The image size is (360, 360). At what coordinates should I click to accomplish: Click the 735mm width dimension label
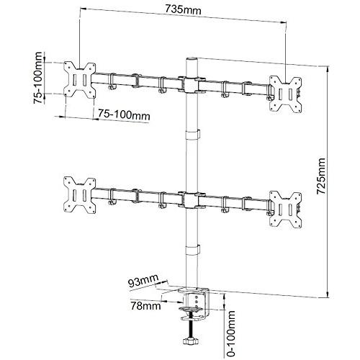tap(183, 10)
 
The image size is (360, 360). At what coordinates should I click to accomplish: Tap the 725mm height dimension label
tap(321, 176)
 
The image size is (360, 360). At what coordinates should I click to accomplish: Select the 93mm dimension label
tap(143, 280)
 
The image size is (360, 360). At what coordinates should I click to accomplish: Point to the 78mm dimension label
tap(145, 306)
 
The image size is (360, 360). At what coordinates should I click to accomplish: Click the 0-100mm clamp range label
tap(230, 333)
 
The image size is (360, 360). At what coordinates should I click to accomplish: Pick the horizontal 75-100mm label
tap(124, 114)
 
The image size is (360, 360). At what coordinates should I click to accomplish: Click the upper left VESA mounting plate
tap(80, 79)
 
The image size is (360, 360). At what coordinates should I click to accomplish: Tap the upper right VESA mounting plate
tap(285, 94)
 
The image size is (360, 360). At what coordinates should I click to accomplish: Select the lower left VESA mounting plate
tap(80, 194)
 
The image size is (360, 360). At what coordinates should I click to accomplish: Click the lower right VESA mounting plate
tap(285, 209)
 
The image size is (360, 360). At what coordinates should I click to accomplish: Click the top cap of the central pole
tap(192, 59)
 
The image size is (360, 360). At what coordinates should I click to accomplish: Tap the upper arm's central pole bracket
tap(192, 85)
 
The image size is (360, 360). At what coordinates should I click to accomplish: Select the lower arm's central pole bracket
tap(192, 200)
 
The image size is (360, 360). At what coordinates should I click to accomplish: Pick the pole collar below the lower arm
tap(193, 250)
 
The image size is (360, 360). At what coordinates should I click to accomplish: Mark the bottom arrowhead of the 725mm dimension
tap(327, 295)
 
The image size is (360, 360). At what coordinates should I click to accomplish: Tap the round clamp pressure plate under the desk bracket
tap(191, 308)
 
